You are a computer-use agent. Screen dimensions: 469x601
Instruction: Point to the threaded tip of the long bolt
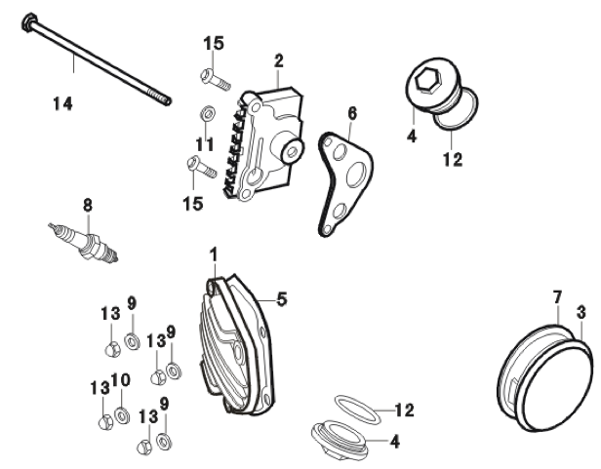tap(164, 98)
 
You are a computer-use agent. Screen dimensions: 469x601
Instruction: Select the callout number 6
tap(351, 113)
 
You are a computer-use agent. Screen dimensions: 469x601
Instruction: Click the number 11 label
tap(203, 143)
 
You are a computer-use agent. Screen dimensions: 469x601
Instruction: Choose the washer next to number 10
tap(121, 417)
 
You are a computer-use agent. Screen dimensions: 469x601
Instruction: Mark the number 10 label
tap(119, 382)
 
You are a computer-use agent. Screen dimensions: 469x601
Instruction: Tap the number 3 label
tap(581, 311)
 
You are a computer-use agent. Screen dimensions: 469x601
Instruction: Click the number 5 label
tap(282, 298)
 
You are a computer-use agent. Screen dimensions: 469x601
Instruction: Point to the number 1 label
tap(213, 254)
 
